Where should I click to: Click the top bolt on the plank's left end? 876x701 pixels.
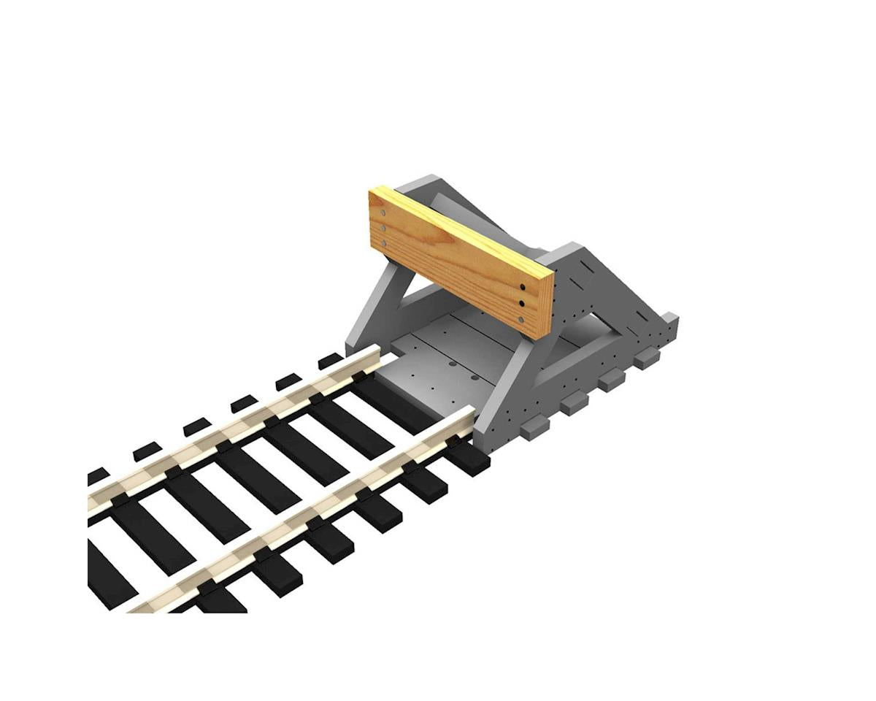pos(383,212)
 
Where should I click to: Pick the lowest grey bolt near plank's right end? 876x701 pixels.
pos(520,320)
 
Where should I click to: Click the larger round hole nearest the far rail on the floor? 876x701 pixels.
pos(453,363)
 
